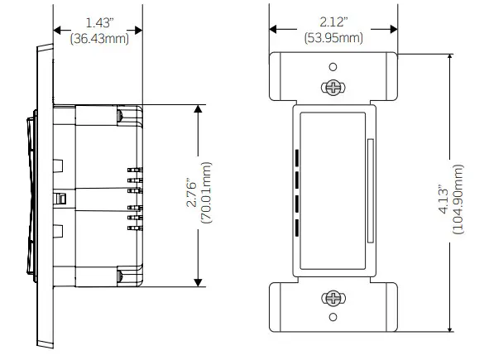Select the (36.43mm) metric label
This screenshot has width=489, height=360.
98,38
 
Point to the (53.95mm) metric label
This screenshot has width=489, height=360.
333,38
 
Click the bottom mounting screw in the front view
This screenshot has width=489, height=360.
333,298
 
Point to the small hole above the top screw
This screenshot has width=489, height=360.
333,67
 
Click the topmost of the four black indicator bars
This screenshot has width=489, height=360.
296,156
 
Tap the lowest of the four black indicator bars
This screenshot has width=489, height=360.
296,227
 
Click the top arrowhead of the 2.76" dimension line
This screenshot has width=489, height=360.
198,110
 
